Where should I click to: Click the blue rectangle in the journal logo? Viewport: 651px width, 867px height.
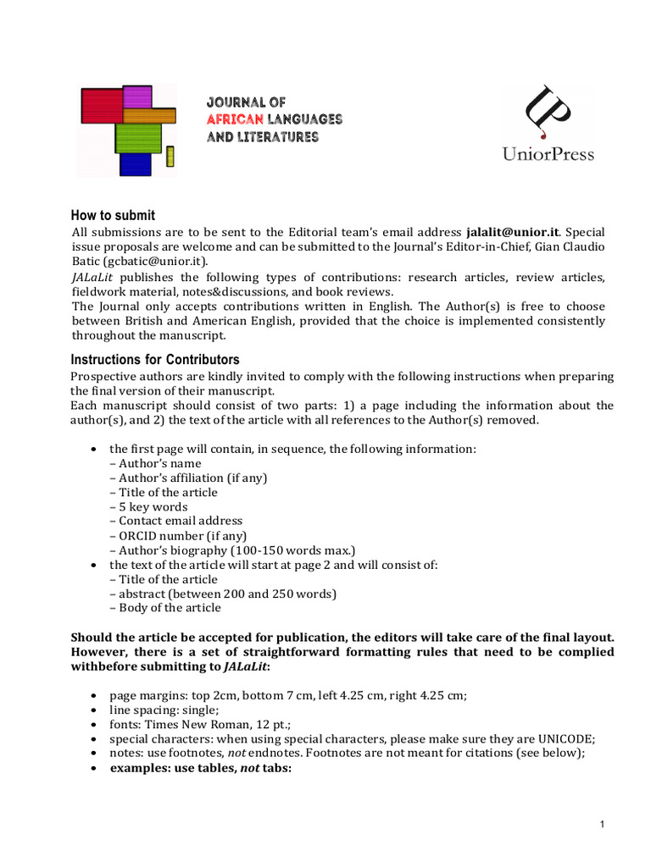pos(135,163)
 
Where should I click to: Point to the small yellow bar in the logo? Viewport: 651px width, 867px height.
pos(170,157)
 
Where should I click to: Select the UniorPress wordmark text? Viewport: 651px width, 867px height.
pos(548,154)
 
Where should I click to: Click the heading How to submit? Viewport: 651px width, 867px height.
pos(112,216)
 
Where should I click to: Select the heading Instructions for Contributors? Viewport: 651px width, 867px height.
pos(154,360)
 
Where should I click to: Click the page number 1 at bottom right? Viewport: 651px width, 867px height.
pos(600,825)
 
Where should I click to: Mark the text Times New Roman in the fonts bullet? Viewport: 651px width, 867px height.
pos(190,725)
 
